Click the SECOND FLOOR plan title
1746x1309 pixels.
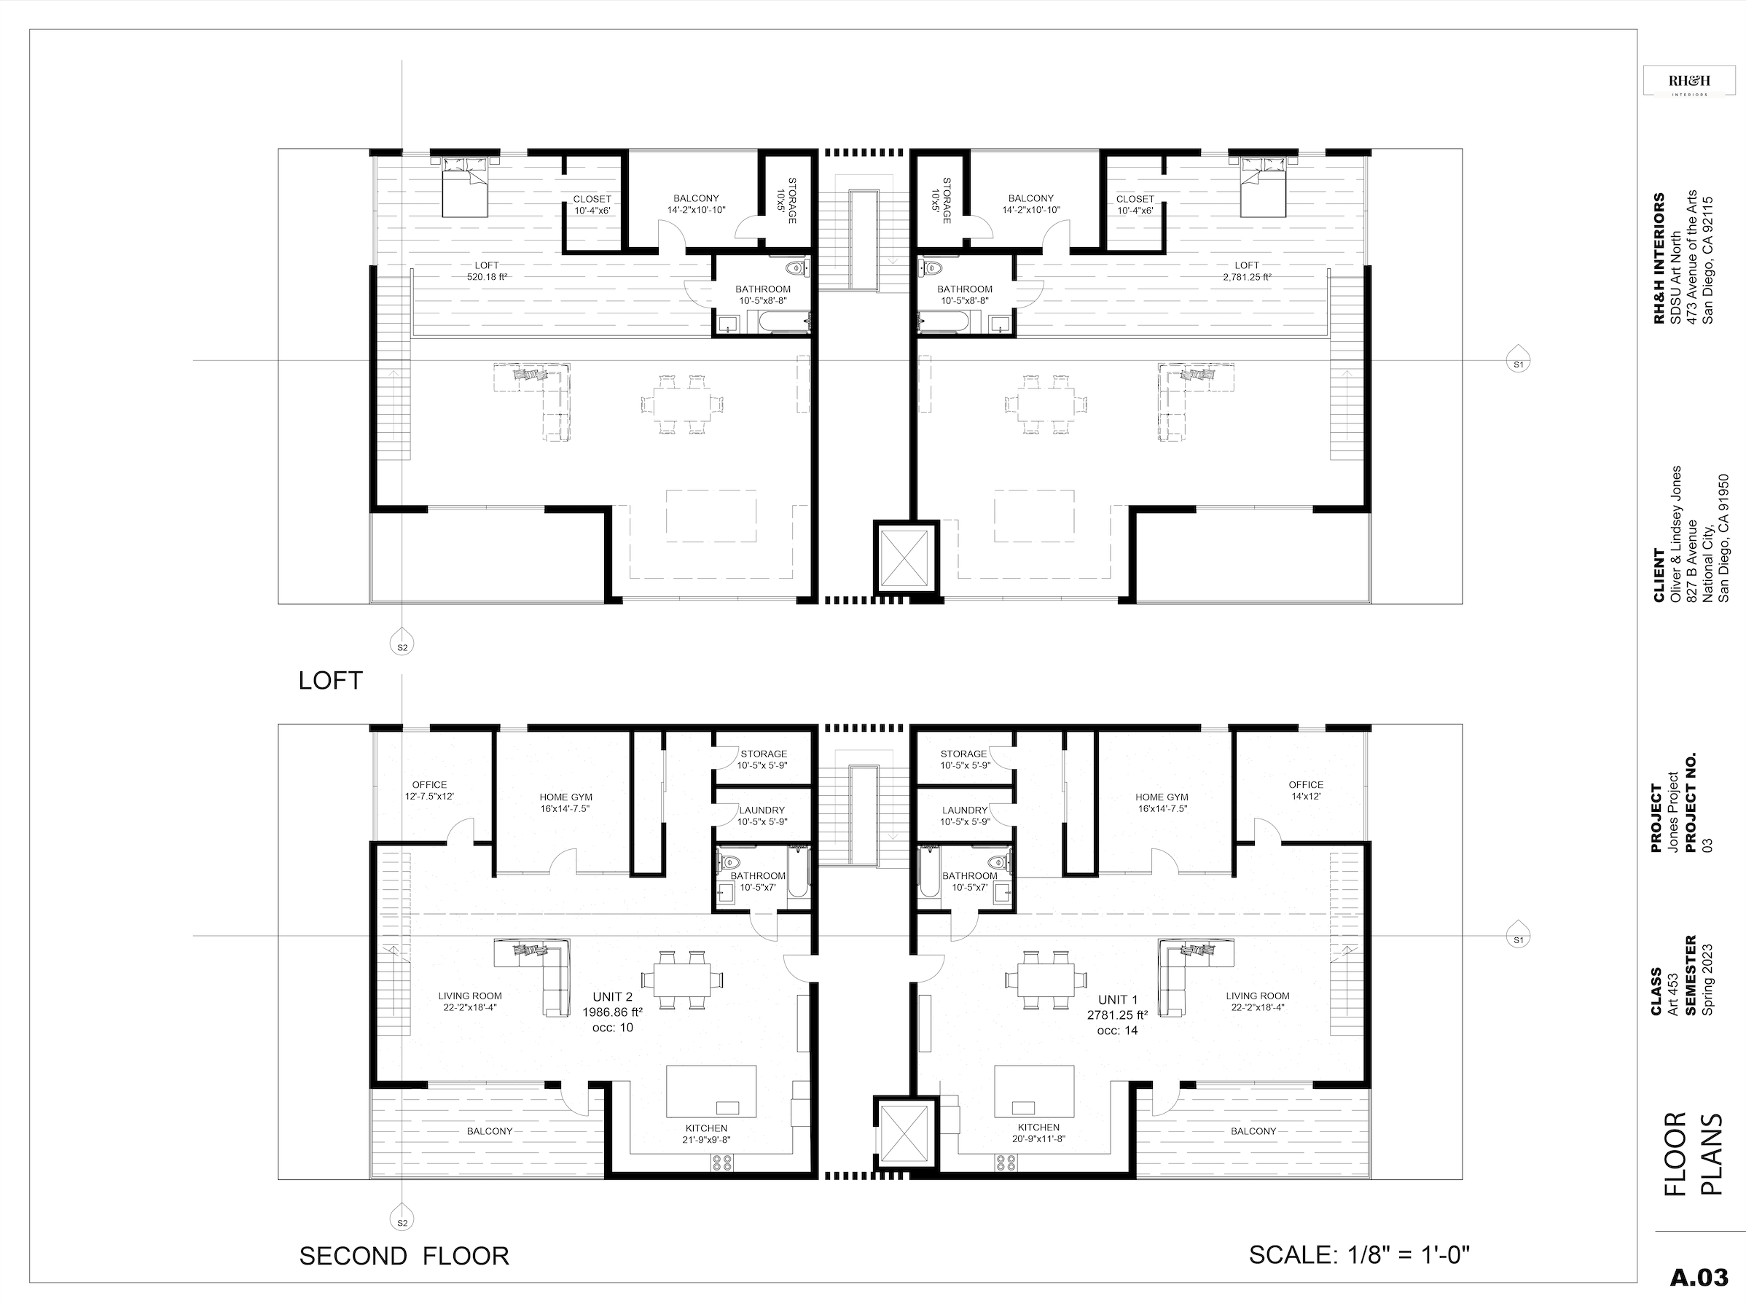coord(404,1255)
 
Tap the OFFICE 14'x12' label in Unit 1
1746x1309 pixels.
coord(1306,791)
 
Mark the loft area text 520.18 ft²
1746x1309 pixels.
coord(487,277)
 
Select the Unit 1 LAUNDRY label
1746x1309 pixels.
coord(965,810)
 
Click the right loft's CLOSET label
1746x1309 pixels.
coord(1135,199)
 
